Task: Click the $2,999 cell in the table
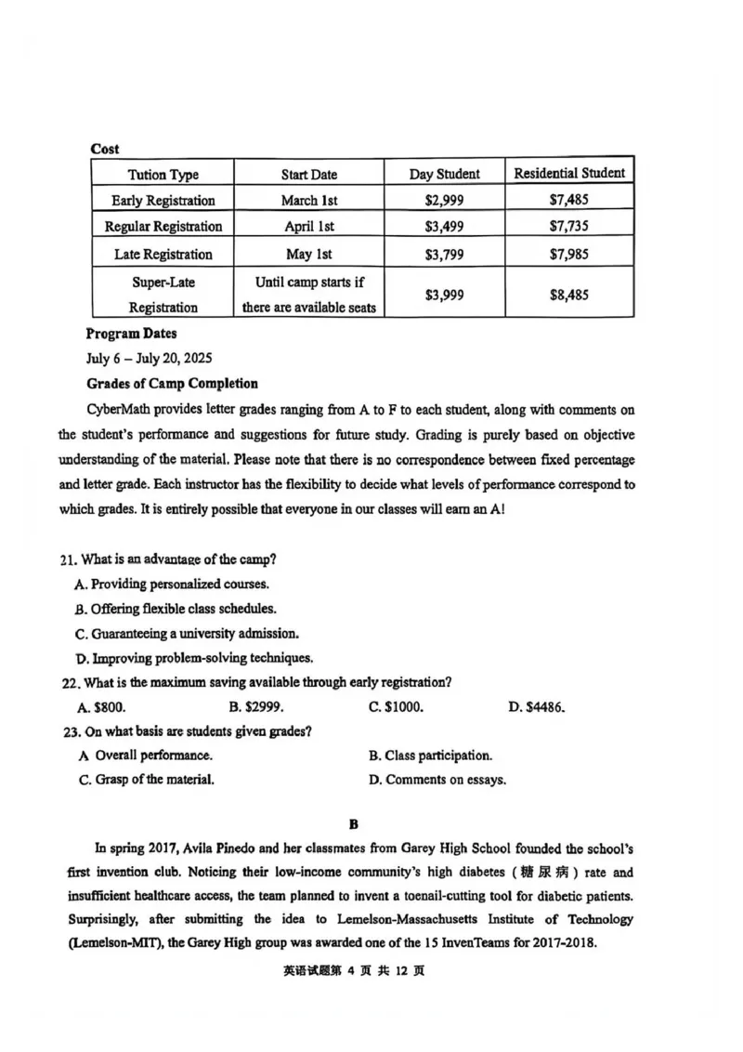tap(444, 200)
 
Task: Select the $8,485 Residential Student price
tap(568, 295)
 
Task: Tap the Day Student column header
tap(444, 174)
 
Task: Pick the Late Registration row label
tap(163, 254)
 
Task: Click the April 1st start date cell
tap(309, 226)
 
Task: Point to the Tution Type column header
tap(163, 175)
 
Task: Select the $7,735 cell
tap(568, 226)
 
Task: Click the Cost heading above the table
tap(105, 149)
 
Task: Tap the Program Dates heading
tap(131, 334)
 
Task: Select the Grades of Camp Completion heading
tap(172, 383)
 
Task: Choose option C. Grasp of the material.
tap(147, 780)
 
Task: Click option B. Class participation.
tap(430, 756)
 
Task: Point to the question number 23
tap(71, 731)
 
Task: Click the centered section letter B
tap(353, 824)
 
